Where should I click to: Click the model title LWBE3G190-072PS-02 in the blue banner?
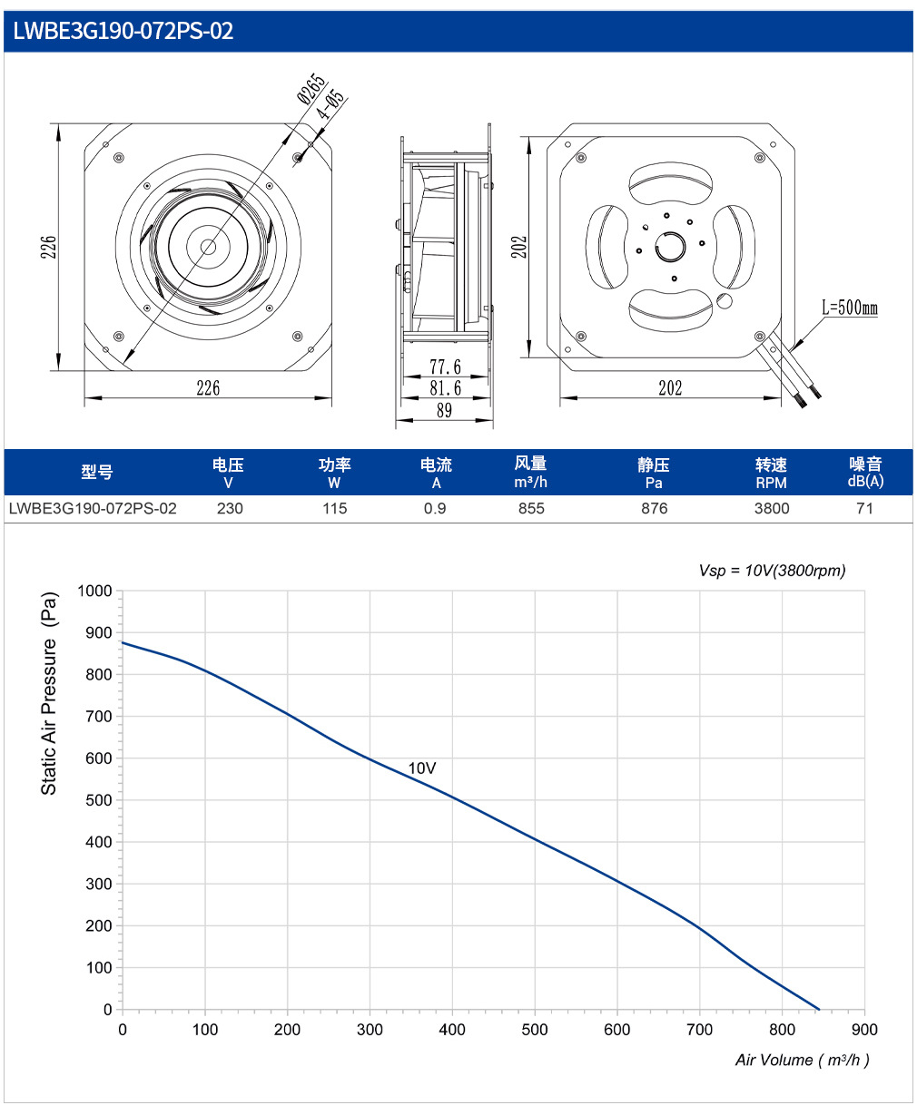point(123,31)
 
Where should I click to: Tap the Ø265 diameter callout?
point(311,88)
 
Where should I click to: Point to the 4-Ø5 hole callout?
point(330,103)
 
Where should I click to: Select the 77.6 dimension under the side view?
point(445,367)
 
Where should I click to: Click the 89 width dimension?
point(445,410)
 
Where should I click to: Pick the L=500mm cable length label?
point(849,308)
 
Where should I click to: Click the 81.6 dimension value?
point(445,388)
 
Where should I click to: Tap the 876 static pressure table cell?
point(654,509)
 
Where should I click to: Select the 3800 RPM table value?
point(772,509)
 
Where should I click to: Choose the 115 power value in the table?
point(334,509)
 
